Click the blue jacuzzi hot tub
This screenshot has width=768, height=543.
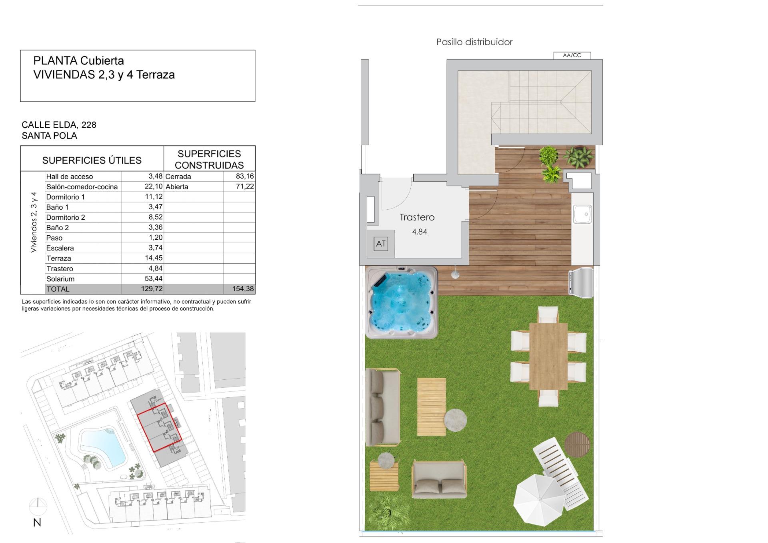401,303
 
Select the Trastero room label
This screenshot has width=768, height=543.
417,217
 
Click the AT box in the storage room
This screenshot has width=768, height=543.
380,244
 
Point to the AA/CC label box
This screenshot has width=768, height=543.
572,56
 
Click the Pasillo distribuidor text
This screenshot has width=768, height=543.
474,42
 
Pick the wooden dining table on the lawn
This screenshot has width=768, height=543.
548,356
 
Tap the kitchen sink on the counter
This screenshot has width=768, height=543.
582,214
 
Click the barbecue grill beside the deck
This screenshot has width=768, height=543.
581,283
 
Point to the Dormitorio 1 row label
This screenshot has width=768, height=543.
66,197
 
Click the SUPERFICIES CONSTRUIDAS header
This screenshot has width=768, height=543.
209,159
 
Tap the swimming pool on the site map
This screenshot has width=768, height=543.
102,445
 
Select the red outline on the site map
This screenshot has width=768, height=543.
159,427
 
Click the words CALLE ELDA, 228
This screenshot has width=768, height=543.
59,125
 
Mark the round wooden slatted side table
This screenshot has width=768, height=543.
577,444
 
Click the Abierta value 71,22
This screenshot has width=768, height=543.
245,186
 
